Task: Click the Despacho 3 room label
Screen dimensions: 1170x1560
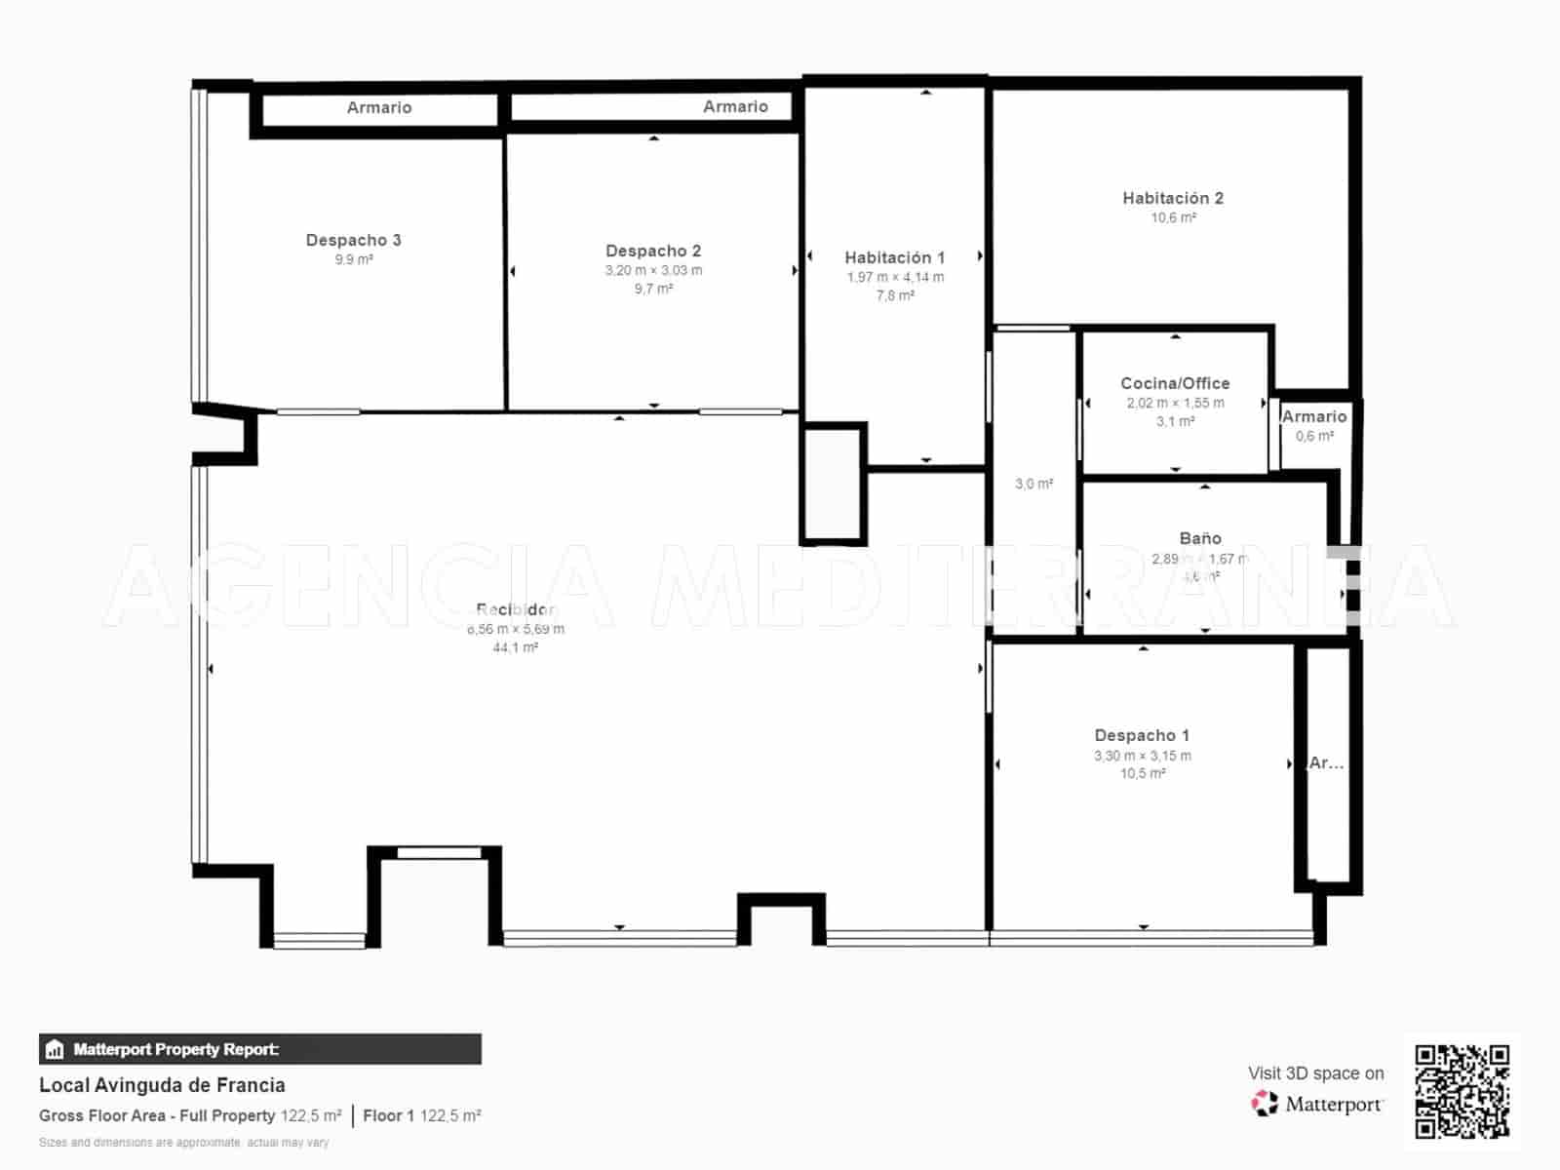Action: click(x=353, y=240)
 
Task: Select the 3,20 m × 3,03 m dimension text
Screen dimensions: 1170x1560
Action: click(x=653, y=270)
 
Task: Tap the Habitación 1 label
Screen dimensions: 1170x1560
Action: click(x=894, y=257)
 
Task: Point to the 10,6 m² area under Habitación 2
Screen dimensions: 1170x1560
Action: click(x=1173, y=217)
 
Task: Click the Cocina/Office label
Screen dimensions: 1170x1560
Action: click(x=1175, y=383)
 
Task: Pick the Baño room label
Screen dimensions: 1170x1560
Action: click(x=1200, y=538)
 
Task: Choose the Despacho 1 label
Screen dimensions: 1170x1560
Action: click(x=1142, y=735)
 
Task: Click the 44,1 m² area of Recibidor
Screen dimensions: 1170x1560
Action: click(x=515, y=647)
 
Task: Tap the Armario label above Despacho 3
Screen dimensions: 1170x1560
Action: click(x=379, y=107)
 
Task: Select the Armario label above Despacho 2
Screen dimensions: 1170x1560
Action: click(x=735, y=106)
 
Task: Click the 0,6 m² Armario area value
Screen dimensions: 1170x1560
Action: click(x=1314, y=436)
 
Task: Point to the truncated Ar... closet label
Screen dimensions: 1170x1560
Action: click(x=1326, y=763)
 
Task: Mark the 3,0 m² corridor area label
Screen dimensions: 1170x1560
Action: click(x=1033, y=484)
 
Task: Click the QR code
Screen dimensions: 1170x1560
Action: click(x=1462, y=1091)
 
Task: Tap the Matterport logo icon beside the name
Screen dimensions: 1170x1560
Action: click(x=1265, y=1104)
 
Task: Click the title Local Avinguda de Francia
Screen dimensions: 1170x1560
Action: click(x=162, y=1085)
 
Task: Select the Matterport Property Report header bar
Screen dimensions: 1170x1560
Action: click(x=259, y=1049)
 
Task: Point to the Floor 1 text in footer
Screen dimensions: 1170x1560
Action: click(x=388, y=1115)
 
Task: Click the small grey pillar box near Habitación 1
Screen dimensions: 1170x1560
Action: click(x=834, y=483)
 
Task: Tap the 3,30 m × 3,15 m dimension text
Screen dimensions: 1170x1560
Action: click(x=1142, y=756)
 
